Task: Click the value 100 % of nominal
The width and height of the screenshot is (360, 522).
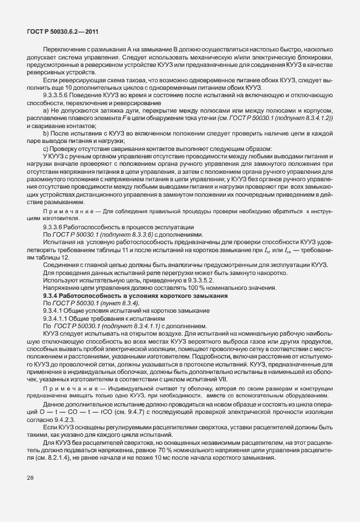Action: (x=191, y=290)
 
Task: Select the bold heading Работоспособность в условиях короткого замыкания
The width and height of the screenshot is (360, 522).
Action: (x=151, y=297)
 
